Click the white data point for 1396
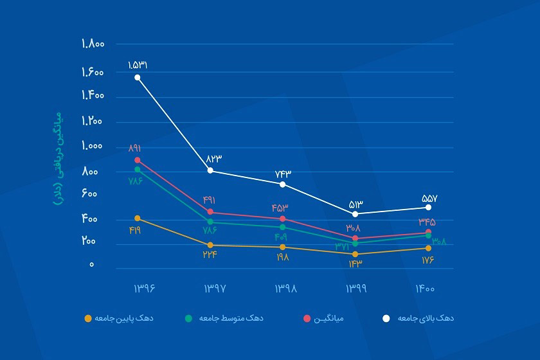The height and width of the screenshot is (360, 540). (138, 77)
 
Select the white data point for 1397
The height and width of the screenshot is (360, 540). (211, 170)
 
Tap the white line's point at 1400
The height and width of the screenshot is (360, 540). (428, 207)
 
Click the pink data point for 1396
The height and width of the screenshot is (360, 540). (138, 159)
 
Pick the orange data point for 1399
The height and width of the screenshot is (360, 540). (355, 254)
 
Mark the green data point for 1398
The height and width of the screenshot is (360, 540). (283, 227)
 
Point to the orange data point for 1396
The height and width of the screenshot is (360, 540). (138, 219)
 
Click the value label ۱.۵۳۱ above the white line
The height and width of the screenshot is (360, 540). (138, 65)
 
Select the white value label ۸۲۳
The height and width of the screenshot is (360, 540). (213, 159)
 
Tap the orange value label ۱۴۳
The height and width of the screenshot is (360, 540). (355, 264)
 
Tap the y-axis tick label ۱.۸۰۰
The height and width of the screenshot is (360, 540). (93, 44)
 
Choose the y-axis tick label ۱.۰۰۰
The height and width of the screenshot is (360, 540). (93, 146)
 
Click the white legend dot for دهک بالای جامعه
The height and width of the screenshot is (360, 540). (386, 318)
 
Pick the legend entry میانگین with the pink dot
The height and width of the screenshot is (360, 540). (332, 318)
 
